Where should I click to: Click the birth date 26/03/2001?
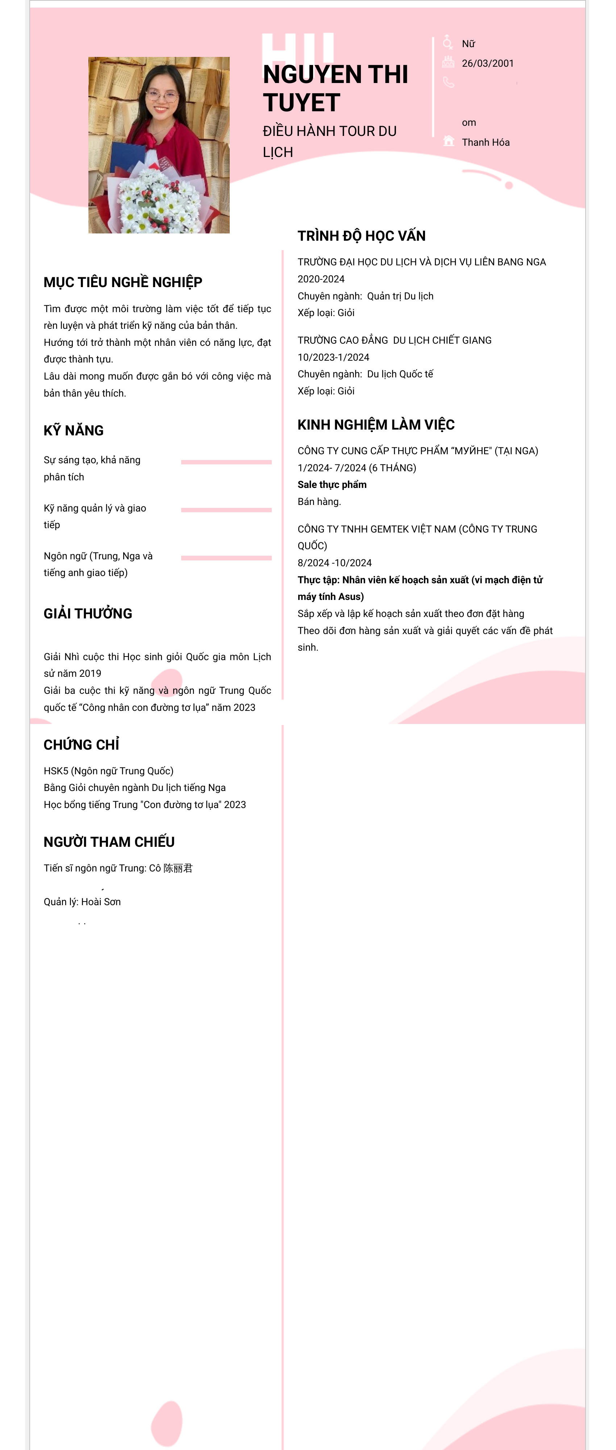coord(487,63)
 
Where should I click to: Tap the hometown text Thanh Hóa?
coord(486,142)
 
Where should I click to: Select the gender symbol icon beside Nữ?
coord(448,42)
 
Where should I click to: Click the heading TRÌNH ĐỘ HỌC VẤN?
coord(361,236)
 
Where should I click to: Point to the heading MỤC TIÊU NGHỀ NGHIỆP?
coord(122,282)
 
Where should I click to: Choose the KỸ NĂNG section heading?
coord(74,431)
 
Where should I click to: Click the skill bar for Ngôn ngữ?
coord(226,558)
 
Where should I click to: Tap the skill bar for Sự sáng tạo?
coord(226,462)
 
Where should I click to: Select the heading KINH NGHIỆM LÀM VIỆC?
coord(376,425)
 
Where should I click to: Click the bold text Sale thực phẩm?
coord(332,485)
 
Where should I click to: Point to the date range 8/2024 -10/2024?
coord(334,563)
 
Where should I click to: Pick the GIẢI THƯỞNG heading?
coord(88,614)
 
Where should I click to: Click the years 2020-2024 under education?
coord(321,279)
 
